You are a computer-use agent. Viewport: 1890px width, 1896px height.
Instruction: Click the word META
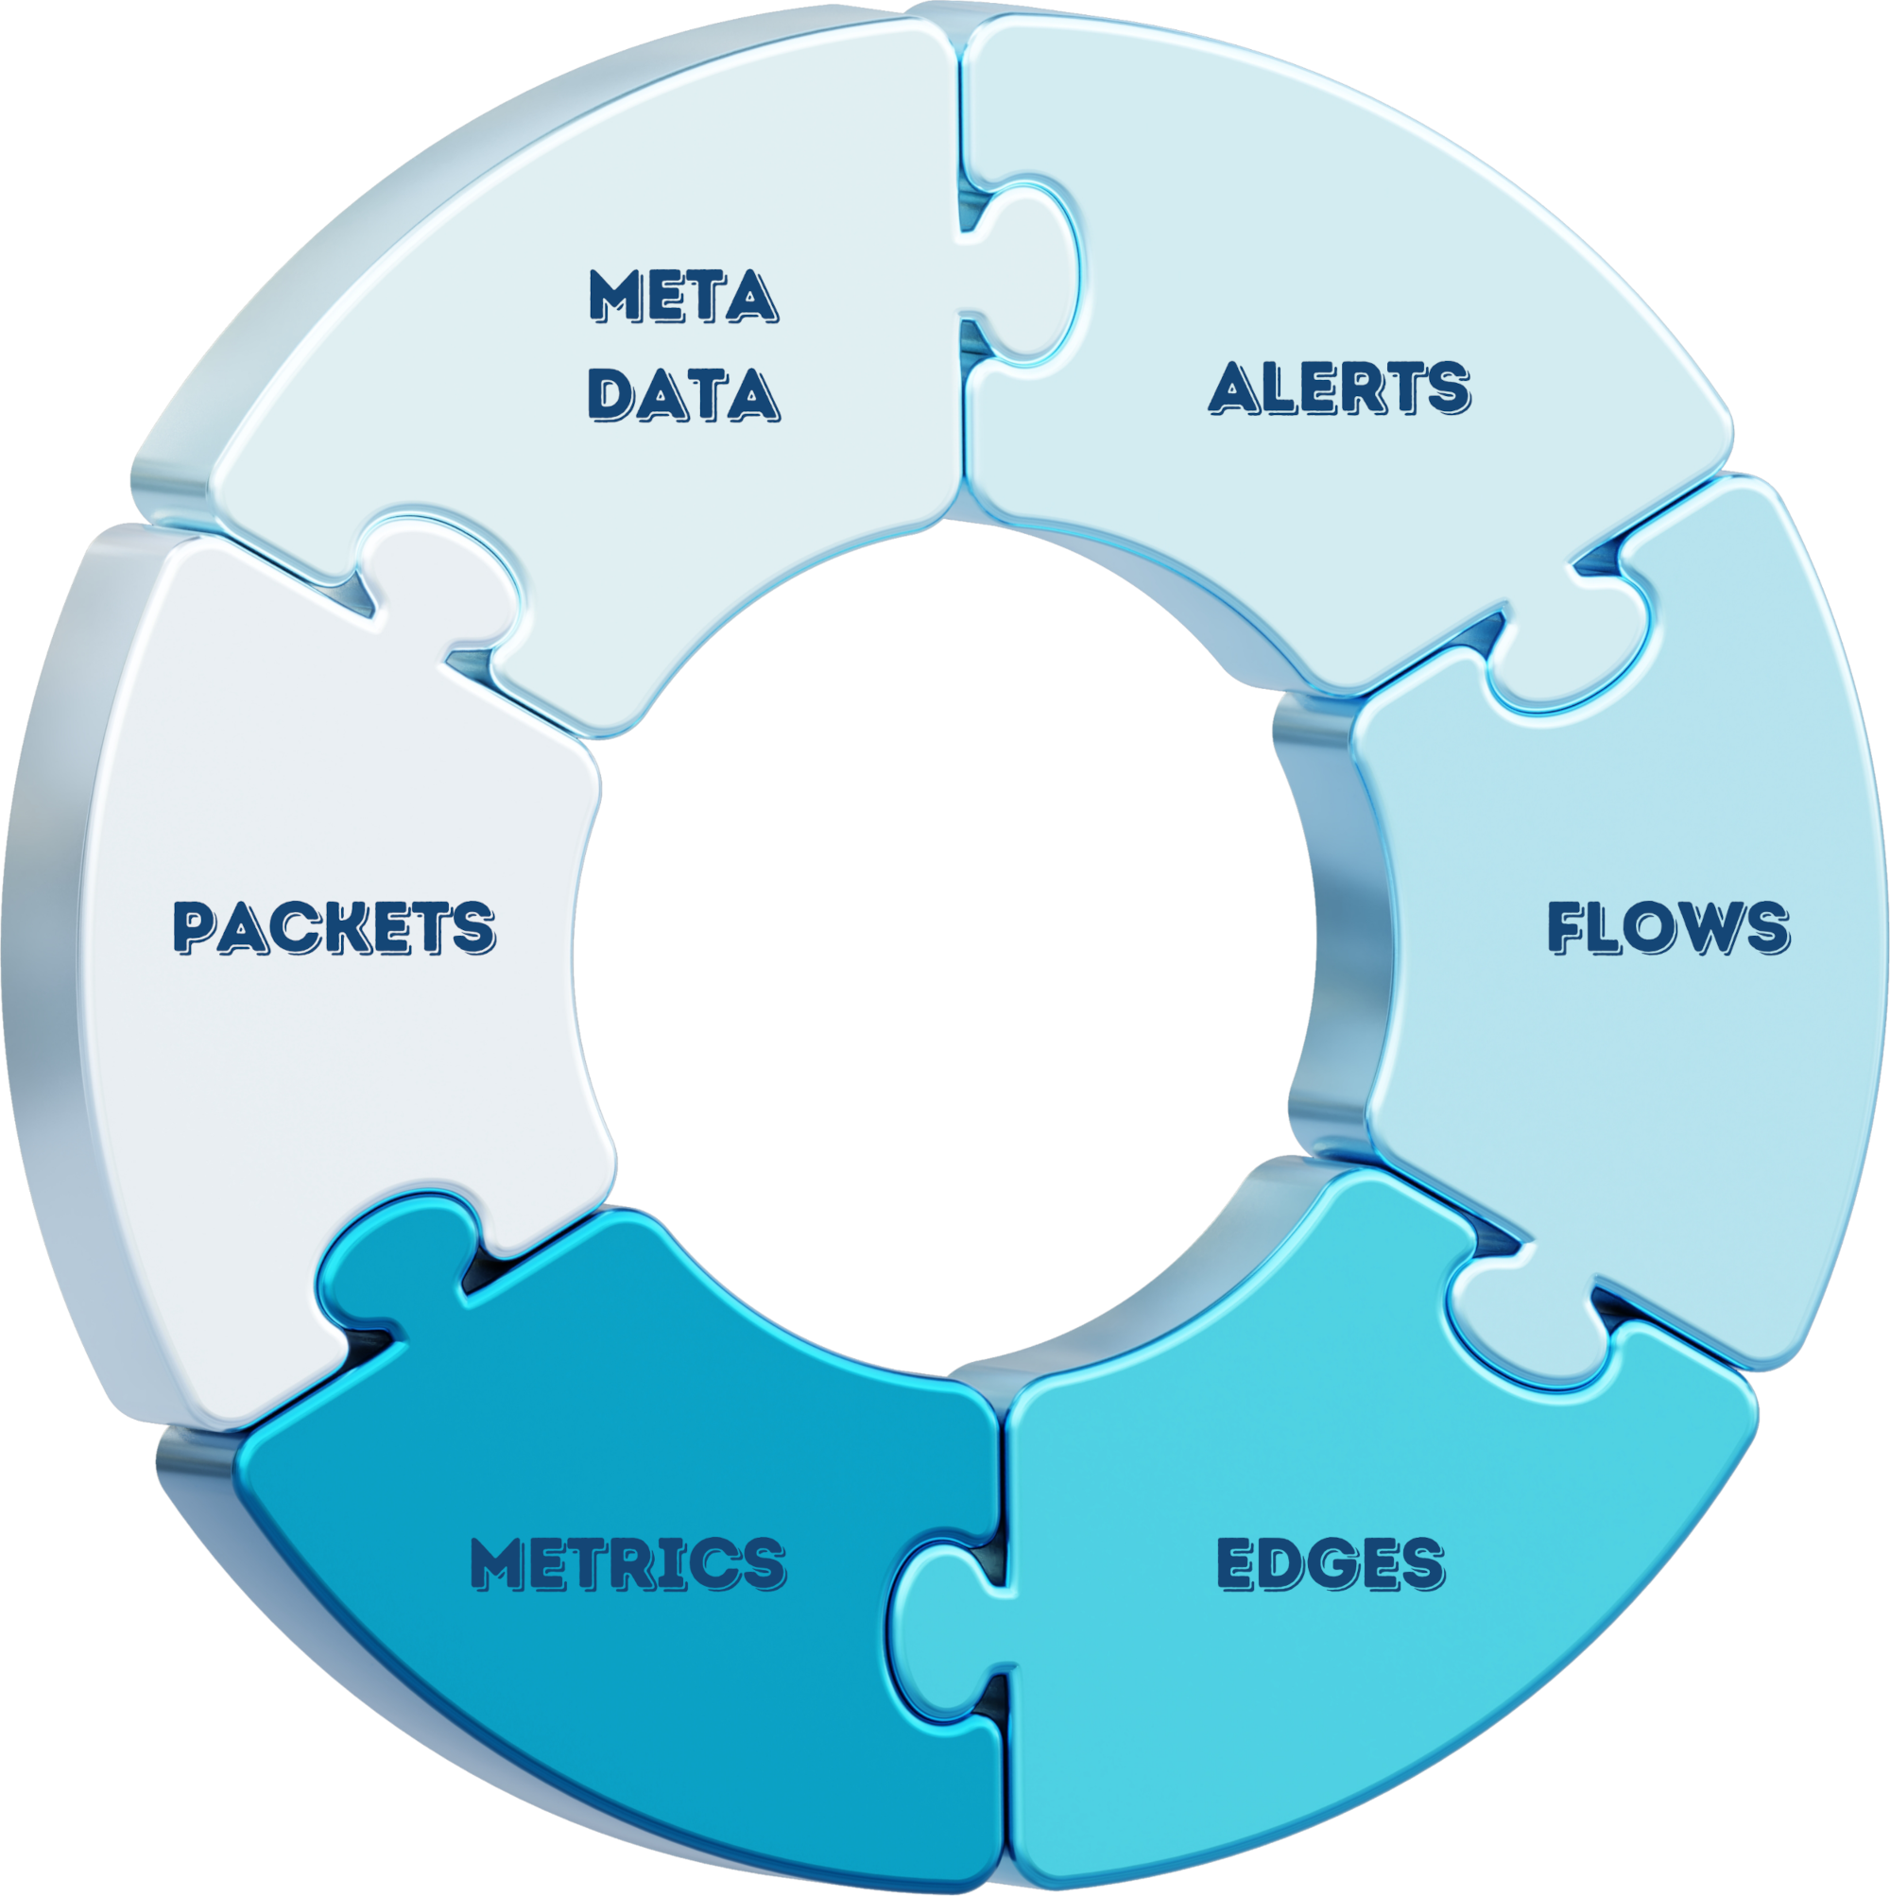pyautogui.click(x=684, y=296)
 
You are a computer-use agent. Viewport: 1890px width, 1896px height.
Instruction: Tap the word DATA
pyautogui.click(x=684, y=394)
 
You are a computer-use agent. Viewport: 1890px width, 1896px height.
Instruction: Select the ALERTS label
pyautogui.click(x=1339, y=388)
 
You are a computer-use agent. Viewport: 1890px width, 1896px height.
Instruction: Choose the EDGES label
pyautogui.click(x=1331, y=1562)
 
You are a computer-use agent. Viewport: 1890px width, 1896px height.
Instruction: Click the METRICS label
pyautogui.click(x=628, y=1562)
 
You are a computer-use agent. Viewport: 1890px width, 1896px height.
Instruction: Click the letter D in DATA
pyautogui.click(x=612, y=394)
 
